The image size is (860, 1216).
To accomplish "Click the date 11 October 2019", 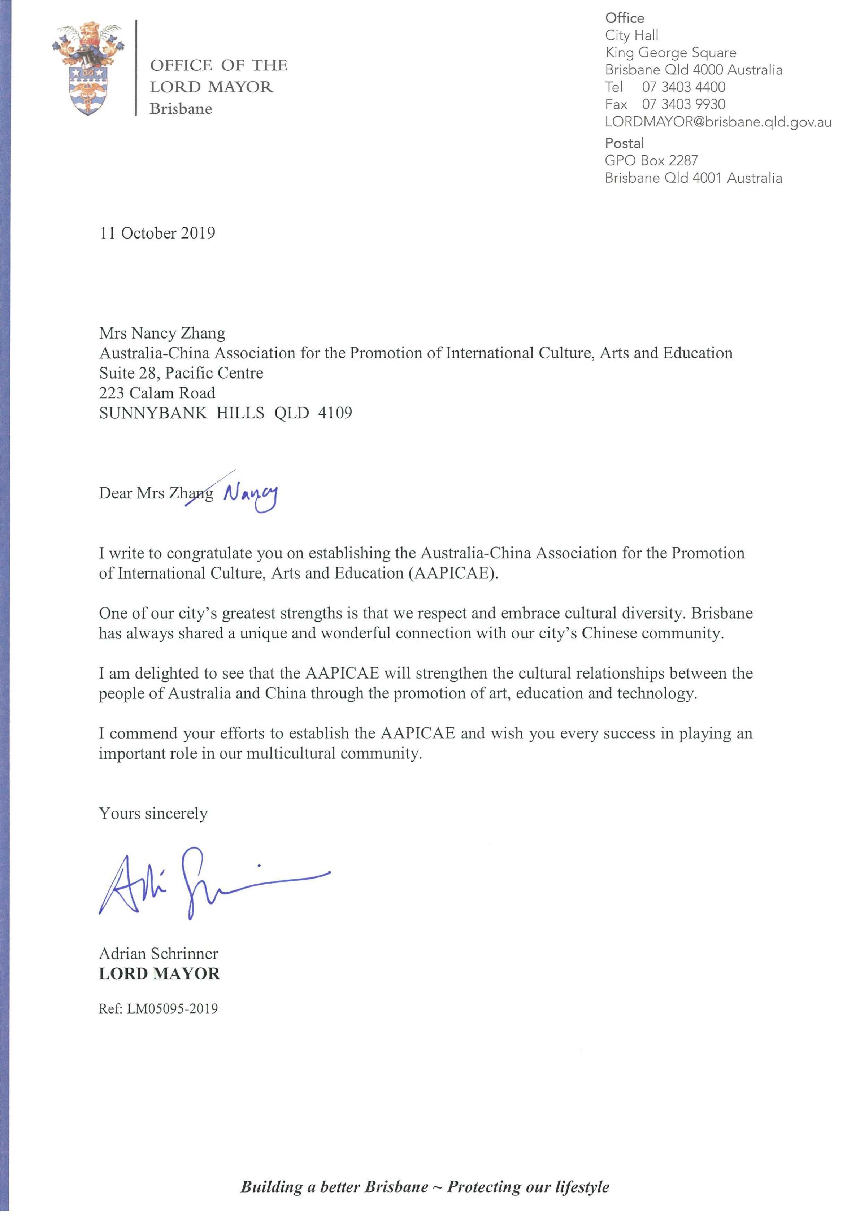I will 157,233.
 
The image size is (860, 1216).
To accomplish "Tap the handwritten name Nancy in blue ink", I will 250,496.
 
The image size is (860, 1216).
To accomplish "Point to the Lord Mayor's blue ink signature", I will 212,880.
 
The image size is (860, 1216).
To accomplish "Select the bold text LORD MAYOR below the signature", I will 159,973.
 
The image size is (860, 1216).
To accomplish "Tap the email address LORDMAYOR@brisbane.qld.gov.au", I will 718,122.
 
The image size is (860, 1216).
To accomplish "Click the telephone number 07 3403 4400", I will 683,87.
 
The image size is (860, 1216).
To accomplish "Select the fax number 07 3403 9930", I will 683,104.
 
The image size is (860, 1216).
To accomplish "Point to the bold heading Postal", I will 624,143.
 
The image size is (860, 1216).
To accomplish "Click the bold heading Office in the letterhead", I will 625,18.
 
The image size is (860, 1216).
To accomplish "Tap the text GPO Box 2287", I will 651,161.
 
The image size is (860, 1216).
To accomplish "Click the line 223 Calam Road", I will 157,393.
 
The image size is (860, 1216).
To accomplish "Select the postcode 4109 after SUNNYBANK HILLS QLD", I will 335,413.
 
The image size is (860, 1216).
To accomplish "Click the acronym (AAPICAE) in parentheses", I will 453,573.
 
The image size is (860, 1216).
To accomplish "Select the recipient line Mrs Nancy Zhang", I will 162,333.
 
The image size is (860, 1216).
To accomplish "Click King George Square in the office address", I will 670,52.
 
